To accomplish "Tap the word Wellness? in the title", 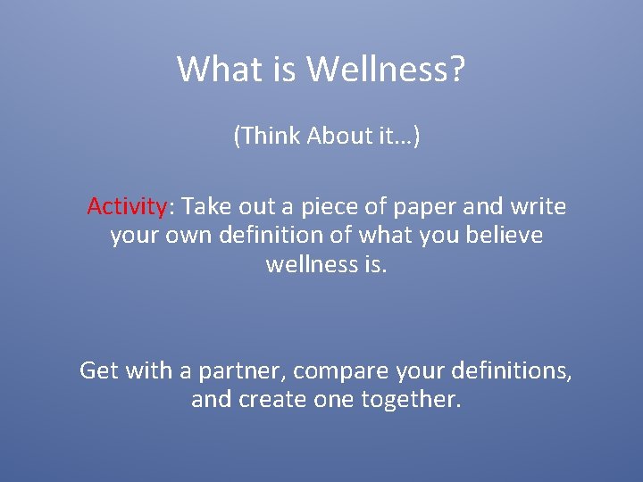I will pos(387,69).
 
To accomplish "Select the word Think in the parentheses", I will pos(269,136).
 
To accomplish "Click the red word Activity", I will pos(127,207).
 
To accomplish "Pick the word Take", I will pos(205,207).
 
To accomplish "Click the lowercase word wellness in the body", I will pos(309,265).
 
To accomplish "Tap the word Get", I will pos(99,370).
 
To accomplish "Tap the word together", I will pos(411,400).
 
